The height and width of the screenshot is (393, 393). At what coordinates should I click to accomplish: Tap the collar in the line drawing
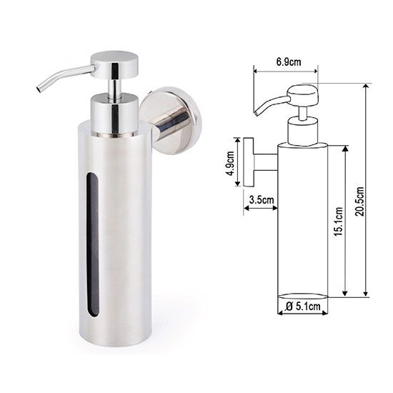302,131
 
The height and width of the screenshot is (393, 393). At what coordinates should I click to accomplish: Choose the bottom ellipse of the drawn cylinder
302,295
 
